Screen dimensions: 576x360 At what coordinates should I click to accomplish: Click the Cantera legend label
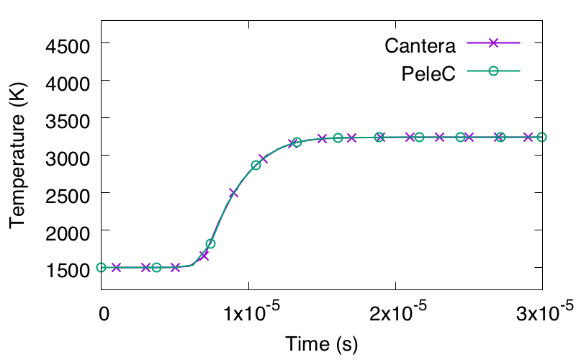click(x=420, y=46)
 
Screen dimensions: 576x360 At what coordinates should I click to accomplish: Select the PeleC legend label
click(x=428, y=73)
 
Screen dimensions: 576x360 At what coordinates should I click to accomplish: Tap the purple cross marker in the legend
click(x=493, y=42)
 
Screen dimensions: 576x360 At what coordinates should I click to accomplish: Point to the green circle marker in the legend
click(x=493, y=71)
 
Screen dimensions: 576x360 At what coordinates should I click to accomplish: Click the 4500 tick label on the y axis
click(x=68, y=47)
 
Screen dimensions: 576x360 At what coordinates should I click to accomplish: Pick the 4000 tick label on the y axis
click(x=68, y=84)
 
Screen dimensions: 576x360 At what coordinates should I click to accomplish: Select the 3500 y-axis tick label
click(x=68, y=121)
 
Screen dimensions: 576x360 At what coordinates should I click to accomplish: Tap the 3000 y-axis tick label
click(x=68, y=158)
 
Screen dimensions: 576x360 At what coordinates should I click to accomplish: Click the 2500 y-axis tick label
click(x=68, y=196)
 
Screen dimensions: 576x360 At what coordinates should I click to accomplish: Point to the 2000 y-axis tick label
click(x=68, y=233)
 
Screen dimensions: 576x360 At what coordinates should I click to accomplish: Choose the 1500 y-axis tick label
click(x=68, y=271)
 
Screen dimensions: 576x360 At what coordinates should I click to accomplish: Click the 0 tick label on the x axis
click(x=104, y=313)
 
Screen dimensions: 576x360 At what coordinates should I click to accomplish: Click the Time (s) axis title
click(x=321, y=344)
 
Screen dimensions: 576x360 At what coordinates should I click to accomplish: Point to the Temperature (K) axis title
click(x=17, y=155)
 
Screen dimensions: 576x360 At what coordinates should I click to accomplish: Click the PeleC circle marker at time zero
click(x=102, y=267)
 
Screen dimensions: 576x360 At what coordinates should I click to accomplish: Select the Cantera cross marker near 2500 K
click(x=233, y=193)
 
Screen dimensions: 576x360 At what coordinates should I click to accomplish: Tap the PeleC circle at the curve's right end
click(x=542, y=138)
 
